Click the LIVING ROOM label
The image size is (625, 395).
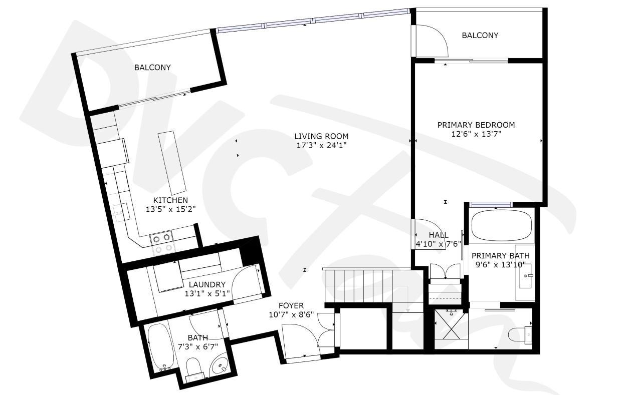click(x=321, y=136)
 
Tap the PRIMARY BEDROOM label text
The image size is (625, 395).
click(x=476, y=125)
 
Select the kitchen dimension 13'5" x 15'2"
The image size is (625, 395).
click(x=171, y=209)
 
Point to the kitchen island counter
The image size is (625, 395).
click(x=172, y=163)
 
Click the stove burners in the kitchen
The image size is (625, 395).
click(x=162, y=243)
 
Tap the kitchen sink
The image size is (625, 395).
click(x=121, y=212)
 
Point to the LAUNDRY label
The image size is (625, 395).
click(x=207, y=285)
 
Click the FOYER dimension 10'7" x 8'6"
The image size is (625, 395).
click(x=291, y=315)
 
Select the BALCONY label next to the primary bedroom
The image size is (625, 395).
click(x=480, y=36)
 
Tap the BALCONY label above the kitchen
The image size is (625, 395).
click(x=152, y=68)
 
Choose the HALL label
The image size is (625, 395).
click(x=439, y=235)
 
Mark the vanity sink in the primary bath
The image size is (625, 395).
click(x=526, y=276)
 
